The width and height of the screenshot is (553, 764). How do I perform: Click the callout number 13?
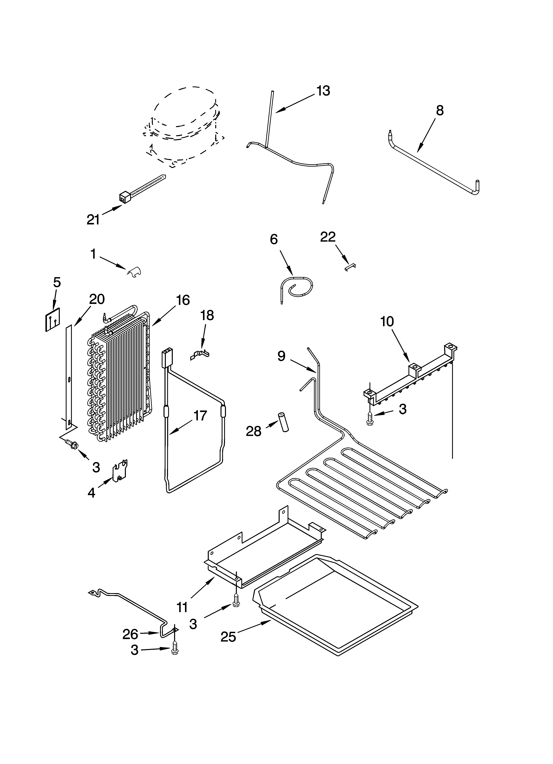[323, 91]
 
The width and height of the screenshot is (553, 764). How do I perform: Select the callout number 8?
[440, 111]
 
